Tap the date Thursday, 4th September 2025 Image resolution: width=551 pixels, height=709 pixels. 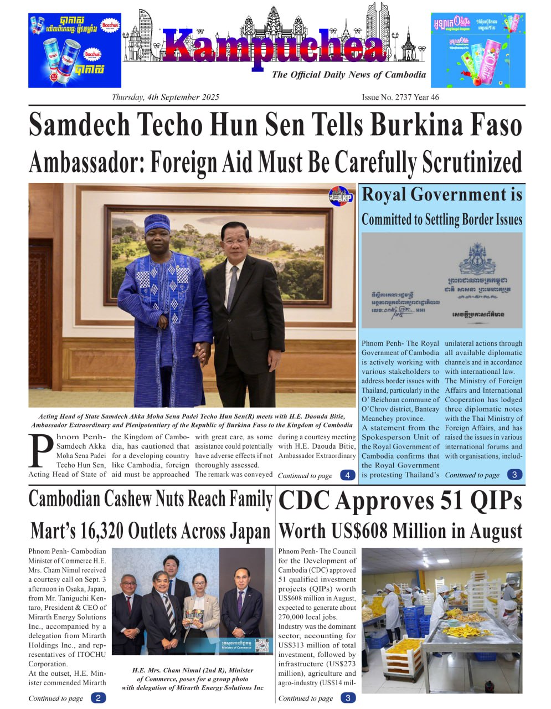click(165, 97)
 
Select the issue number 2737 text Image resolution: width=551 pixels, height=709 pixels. click(400, 97)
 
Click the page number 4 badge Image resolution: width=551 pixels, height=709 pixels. click(347, 475)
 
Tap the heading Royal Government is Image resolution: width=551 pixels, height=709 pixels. click(442, 195)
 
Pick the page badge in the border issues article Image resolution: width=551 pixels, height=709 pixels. click(514, 475)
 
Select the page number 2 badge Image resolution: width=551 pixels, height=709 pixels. click(98, 698)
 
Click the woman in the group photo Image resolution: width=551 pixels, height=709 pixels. click(198, 609)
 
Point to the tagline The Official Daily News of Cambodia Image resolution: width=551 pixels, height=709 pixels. click(349, 75)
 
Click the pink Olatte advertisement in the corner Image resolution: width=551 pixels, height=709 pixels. click(478, 50)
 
